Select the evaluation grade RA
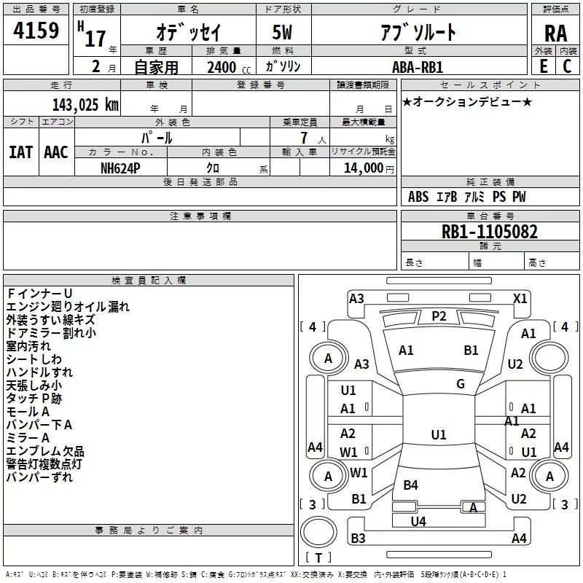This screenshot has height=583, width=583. pos(555,33)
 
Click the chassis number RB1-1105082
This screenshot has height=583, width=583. pos(490,232)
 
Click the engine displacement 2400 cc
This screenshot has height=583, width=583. pos(226,67)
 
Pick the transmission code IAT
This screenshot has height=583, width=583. pos(20,152)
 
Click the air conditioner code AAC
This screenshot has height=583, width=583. pos(56,152)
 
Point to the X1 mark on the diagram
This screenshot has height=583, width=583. pos(520,298)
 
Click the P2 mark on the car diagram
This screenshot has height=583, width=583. pos(438,316)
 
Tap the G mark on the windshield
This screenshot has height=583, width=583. pos(461,383)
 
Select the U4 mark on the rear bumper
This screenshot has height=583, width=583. pos(418,521)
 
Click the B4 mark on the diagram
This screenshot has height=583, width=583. pos(411,485)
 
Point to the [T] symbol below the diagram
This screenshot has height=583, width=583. pos(318,558)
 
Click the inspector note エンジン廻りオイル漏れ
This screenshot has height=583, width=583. pos(67,307)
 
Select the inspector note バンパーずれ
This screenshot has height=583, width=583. pos(39,477)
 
